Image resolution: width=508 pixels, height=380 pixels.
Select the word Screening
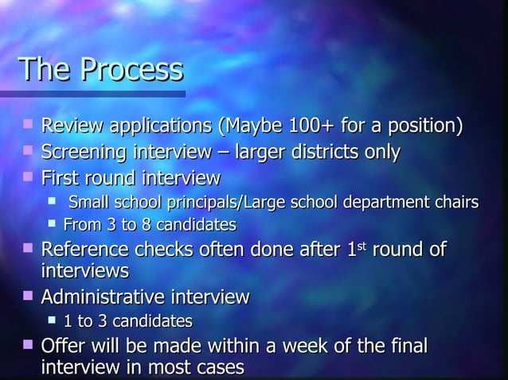[x=80, y=151]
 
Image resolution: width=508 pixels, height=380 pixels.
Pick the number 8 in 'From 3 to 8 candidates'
[x=144, y=224]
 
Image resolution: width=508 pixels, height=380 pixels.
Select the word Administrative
[x=104, y=297]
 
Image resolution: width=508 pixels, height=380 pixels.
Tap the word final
[x=406, y=347]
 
